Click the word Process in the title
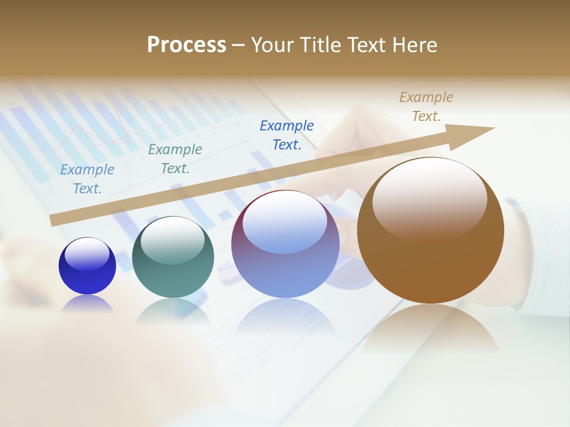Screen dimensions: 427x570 coord(186,45)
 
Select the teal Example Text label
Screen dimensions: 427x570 coord(175,159)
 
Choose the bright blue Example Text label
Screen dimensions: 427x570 coord(287,135)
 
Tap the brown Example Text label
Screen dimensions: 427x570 coord(426,107)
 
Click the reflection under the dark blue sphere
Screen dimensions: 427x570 coord(87,304)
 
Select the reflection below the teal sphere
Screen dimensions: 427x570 coord(173,311)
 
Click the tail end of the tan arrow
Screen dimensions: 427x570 coord(55,220)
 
